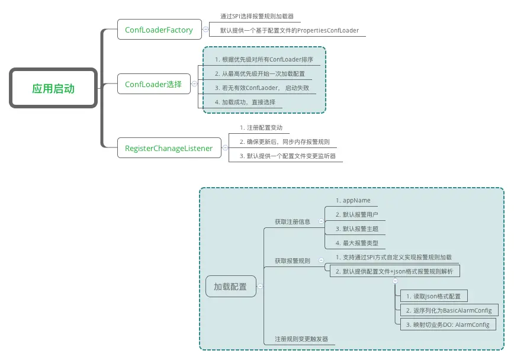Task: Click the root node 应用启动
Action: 53,89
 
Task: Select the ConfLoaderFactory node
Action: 159,30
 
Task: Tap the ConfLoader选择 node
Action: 153,85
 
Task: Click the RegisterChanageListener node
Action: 169,149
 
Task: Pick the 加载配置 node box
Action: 230,287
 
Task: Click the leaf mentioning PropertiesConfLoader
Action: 289,30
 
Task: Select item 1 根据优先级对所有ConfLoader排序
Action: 264,60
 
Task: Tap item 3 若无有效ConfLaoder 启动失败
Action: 261,88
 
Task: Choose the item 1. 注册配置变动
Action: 261,128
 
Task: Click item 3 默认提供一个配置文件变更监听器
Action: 287,156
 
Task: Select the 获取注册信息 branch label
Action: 292,222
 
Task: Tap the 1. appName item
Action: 353,201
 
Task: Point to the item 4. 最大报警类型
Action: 356,243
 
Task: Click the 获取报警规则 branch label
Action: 292,261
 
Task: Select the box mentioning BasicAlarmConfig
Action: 448,310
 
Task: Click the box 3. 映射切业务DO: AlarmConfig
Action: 447,324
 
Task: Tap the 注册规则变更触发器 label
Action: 301,340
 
